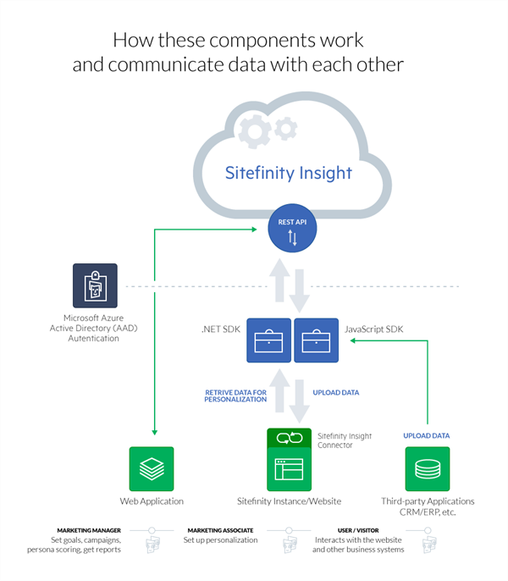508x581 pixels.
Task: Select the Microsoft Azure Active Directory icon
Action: pyautogui.click(x=94, y=285)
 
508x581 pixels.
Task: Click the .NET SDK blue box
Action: pyautogui.click(x=268, y=340)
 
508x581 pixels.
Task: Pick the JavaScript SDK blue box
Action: pyautogui.click(x=315, y=340)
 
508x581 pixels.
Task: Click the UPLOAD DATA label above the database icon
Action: pyautogui.click(x=427, y=435)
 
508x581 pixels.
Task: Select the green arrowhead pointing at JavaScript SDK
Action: pyautogui.click(x=351, y=340)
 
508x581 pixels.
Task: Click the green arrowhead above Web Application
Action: pyautogui.click(x=152, y=437)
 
